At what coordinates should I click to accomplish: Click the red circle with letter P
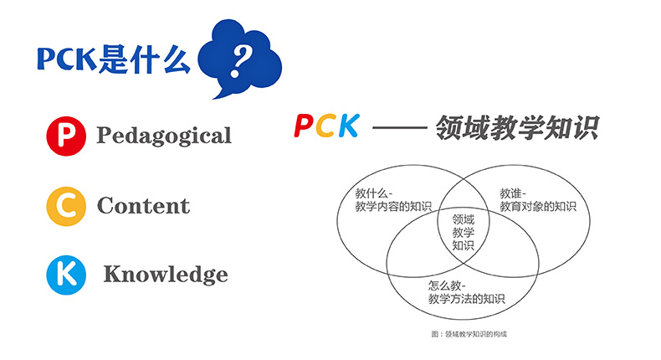pyautogui.click(x=66, y=136)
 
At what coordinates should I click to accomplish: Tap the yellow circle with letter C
pyautogui.click(x=66, y=206)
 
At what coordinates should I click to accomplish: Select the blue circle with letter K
pyautogui.click(x=66, y=275)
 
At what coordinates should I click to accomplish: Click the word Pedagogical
pyautogui.click(x=164, y=136)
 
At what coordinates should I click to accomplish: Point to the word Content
pyautogui.click(x=143, y=205)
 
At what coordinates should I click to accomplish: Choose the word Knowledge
pyautogui.click(x=166, y=275)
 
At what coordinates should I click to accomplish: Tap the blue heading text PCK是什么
pyautogui.click(x=113, y=59)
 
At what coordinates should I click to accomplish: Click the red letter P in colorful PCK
pyautogui.click(x=304, y=126)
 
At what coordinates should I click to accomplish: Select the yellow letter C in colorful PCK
pyautogui.click(x=326, y=126)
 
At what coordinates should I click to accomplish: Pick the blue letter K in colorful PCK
pyautogui.click(x=349, y=126)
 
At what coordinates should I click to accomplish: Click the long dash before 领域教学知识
pyautogui.click(x=400, y=126)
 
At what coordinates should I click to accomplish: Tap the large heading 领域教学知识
pyautogui.click(x=517, y=127)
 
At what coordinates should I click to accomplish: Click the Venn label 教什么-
pyautogui.click(x=374, y=193)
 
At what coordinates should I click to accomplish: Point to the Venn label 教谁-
pyautogui.click(x=513, y=193)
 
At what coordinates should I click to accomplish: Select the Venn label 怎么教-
pyautogui.click(x=447, y=285)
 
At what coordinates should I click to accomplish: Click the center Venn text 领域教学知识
pyautogui.click(x=464, y=232)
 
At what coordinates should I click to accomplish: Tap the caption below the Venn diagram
pyautogui.click(x=469, y=334)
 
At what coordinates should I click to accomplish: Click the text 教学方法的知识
pyautogui.click(x=466, y=299)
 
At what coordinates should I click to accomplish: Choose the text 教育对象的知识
pyautogui.click(x=538, y=207)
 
